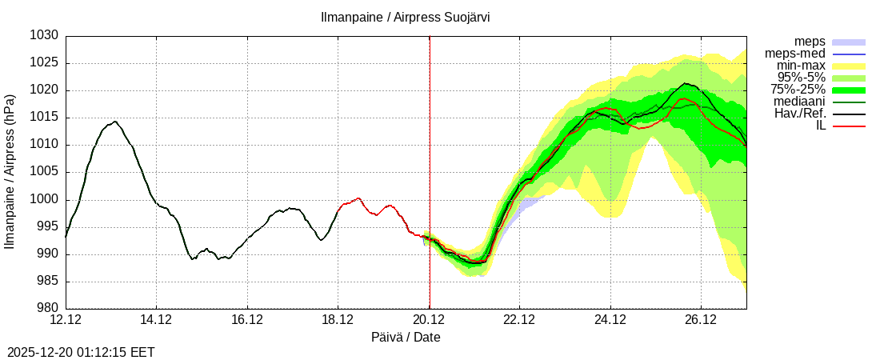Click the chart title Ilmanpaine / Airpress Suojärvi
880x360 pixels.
click(405, 17)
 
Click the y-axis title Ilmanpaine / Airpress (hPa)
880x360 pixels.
click(10, 172)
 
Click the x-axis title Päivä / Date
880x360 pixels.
click(406, 338)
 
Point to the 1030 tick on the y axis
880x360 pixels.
click(45, 36)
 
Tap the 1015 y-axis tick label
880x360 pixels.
click(45, 118)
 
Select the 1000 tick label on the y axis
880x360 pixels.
click(45, 200)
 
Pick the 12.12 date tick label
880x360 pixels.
click(66, 320)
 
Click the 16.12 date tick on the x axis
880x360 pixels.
click(247, 320)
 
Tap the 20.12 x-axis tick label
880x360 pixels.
click(429, 320)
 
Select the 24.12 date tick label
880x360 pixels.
click(610, 320)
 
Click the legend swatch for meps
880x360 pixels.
click(849, 42)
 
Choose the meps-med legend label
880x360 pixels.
click(788, 54)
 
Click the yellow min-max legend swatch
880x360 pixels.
click(849, 66)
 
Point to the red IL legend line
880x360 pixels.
click(849, 126)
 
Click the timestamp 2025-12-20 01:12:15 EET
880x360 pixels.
click(81, 352)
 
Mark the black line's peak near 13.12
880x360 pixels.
click(115, 122)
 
